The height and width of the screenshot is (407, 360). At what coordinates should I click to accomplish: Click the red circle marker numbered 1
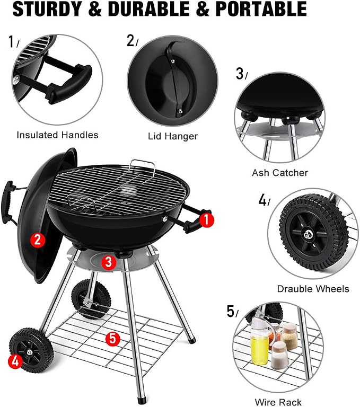click(206, 220)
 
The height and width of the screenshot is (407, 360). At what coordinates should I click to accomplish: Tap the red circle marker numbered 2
click(38, 240)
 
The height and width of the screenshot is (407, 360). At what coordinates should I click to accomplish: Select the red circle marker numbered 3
click(108, 262)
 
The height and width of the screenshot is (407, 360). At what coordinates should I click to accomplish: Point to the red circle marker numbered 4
click(15, 361)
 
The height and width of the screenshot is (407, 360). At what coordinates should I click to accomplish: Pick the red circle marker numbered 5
click(113, 339)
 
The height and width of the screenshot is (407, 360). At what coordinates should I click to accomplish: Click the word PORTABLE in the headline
click(261, 9)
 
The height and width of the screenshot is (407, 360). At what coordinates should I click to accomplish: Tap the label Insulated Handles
click(57, 135)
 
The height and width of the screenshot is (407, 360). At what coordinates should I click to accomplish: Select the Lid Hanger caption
click(173, 136)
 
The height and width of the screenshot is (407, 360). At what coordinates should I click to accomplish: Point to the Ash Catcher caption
click(280, 173)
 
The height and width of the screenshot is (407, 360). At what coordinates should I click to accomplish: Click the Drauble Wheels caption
click(313, 289)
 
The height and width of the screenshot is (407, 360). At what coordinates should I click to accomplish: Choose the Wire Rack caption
click(278, 402)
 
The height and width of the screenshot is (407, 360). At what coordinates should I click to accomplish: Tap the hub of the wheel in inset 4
click(308, 235)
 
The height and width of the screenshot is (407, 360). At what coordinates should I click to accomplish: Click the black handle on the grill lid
click(8, 202)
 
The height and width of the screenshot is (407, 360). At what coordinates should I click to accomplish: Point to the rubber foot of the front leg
click(141, 400)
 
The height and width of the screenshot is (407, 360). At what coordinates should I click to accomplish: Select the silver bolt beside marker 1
click(165, 218)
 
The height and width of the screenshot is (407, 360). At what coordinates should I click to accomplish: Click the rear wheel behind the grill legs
click(91, 299)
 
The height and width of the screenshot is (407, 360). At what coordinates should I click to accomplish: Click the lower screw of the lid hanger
click(180, 111)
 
